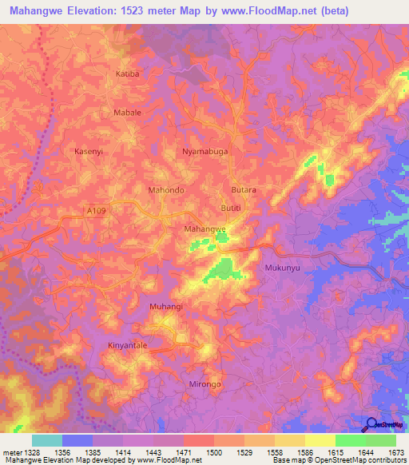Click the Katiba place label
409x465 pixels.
[129, 74]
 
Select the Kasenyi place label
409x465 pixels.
[89, 151]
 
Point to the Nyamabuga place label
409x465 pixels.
[204, 151]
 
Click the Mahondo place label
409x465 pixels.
[166, 190]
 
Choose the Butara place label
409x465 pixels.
[243, 190]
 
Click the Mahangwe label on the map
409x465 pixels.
[205, 229]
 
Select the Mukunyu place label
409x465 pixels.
[282, 268]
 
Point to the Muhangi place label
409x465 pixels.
[166, 306]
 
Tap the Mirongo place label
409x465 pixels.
[204, 384]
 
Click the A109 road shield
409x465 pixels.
[96, 210]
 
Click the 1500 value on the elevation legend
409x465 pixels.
[213, 453]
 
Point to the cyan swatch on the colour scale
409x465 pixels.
[47, 440]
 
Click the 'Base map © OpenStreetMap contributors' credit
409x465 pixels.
[339, 461]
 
